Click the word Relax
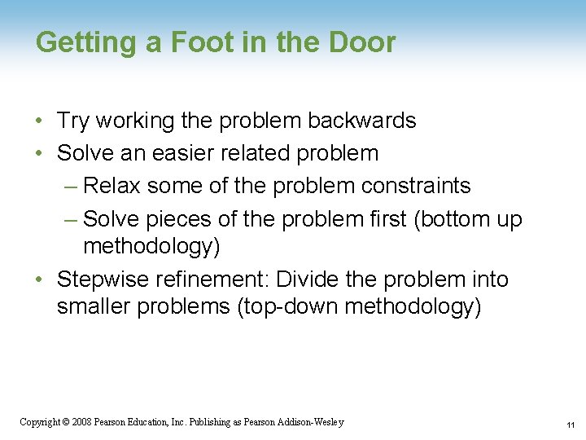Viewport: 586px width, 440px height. click(111, 186)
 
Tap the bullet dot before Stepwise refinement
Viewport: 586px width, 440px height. click(40, 280)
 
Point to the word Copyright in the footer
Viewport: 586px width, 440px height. click(38, 422)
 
